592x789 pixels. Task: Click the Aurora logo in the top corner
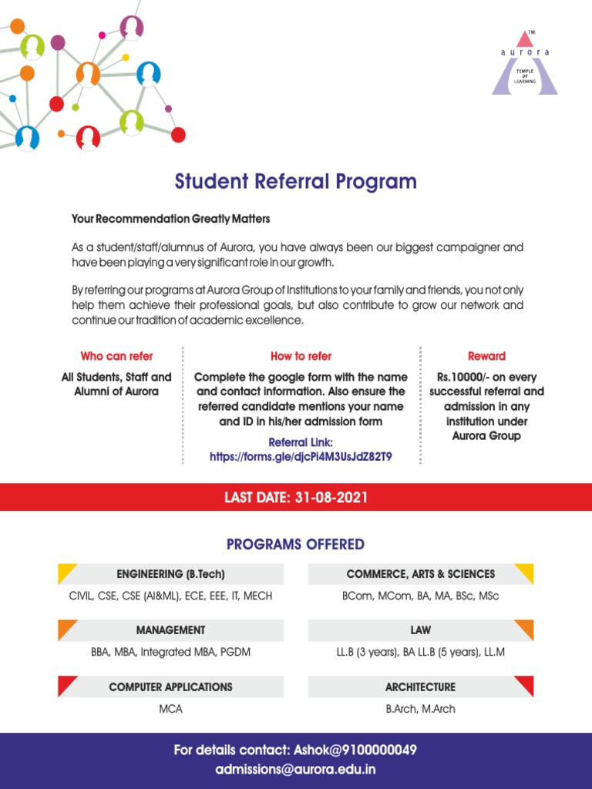coord(525,63)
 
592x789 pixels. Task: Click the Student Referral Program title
coord(295,182)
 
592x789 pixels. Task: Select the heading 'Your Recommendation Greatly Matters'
coord(171,220)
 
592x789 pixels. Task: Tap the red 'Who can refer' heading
coord(116,356)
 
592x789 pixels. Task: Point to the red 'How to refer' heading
coord(301,356)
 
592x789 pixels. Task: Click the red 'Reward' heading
coord(486,356)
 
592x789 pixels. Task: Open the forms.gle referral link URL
coord(301,457)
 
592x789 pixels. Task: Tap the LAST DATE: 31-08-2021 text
coord(296,498)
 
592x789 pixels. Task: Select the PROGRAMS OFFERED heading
coord(295,545)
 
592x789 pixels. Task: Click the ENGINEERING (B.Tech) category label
coord(170,574)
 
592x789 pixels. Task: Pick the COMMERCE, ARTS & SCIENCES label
coord(421,574)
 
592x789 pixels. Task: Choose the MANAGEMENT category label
coord(170,630)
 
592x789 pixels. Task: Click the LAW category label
coord(421,630)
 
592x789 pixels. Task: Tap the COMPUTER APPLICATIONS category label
coord(170,687)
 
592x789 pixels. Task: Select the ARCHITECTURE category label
coord(421,687)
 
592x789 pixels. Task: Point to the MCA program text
coord(170,709)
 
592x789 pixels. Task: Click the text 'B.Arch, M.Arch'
coord(421,709)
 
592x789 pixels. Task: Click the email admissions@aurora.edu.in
coord(296,770)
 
